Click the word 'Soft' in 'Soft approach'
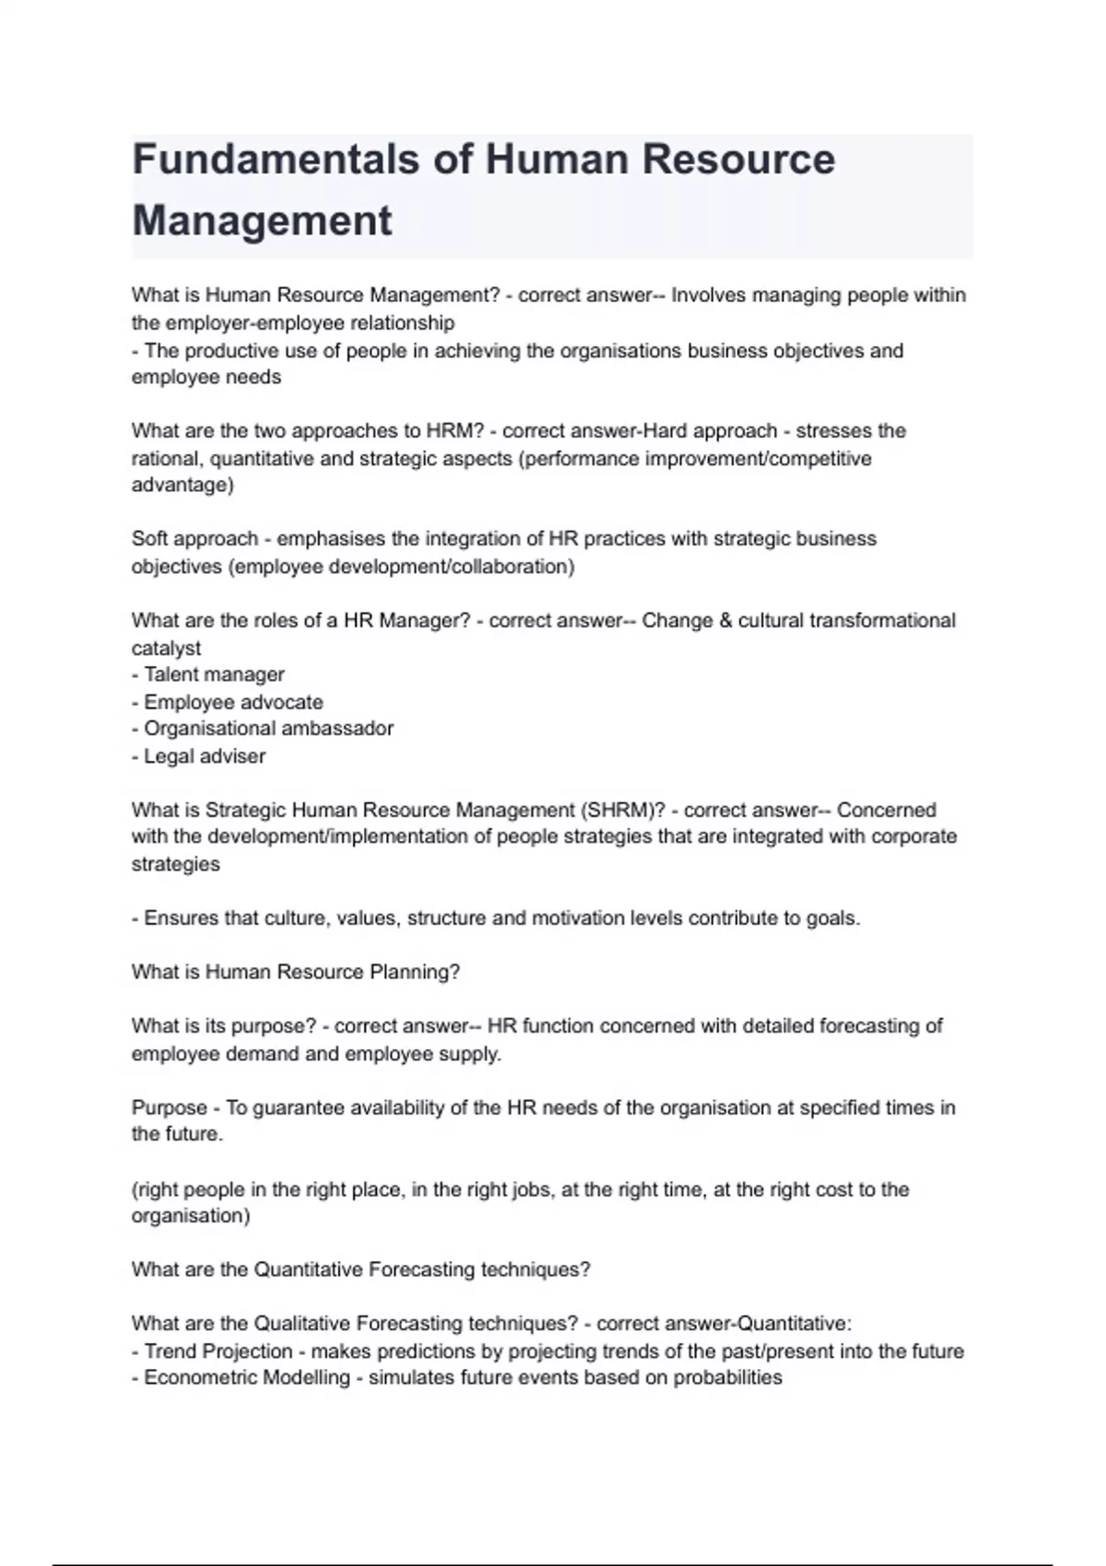[x=149, y=539]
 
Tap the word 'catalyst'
[x=166, y=649]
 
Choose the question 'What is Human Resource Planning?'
[x=295, y=973]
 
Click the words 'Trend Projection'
[x=218, y=1351]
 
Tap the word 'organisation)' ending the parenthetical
[x=190, y=1216]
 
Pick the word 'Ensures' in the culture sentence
[x=175, y=918]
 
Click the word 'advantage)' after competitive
[x=182, y=485]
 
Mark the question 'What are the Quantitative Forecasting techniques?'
[x=360, y=1270]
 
